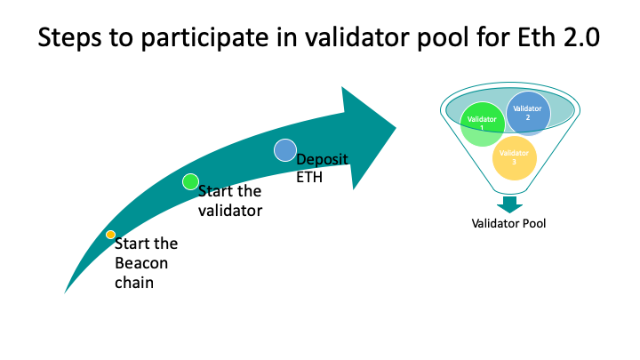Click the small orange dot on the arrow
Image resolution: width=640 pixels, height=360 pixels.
(x=110, y=235)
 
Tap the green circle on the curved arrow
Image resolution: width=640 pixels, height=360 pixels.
(x=190, y=181)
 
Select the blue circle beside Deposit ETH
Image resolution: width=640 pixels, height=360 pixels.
(x=284, y=150)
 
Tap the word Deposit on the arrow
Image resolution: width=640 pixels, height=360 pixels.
(x=322, y=159)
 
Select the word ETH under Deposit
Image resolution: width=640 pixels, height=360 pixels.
(x=308, y=177)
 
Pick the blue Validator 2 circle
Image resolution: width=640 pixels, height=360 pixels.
(x=529, y=112)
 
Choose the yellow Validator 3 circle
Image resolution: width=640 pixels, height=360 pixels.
(x=514, y=158)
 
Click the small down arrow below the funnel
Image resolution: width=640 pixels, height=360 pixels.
(x=509, y=204)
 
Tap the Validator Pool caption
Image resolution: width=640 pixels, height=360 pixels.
(x=508, y=223)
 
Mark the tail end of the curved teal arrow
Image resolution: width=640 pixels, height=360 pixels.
(x=68, y=290)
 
